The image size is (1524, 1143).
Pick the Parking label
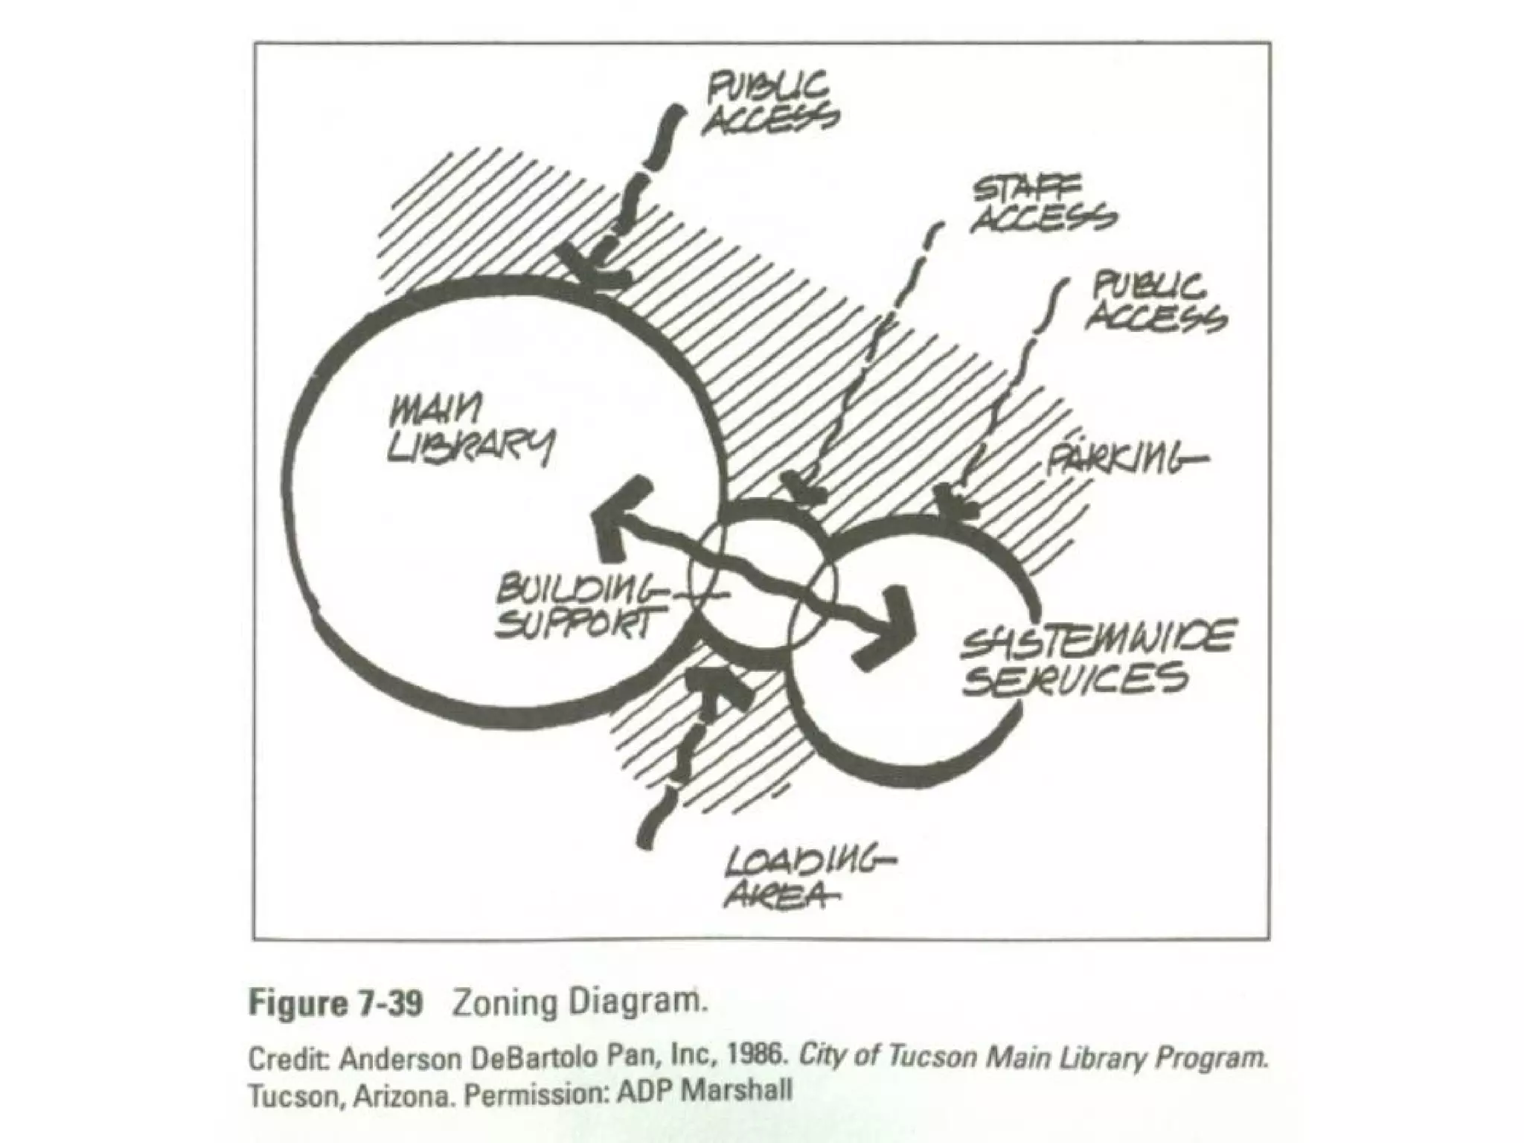coord(1124,457)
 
